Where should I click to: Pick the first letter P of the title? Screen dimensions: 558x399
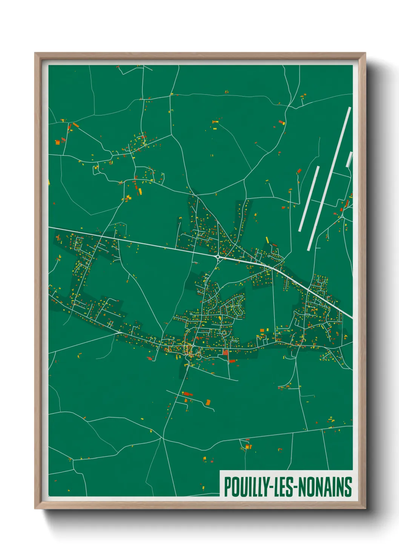228,487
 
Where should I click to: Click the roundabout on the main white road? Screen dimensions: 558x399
218,257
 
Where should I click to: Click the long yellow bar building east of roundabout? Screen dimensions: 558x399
267,240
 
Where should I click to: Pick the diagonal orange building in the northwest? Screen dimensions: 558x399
76,124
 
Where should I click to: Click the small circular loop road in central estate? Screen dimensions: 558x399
225,333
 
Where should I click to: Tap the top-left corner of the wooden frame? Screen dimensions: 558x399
35,54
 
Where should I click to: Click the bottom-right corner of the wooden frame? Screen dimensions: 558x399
365,508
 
